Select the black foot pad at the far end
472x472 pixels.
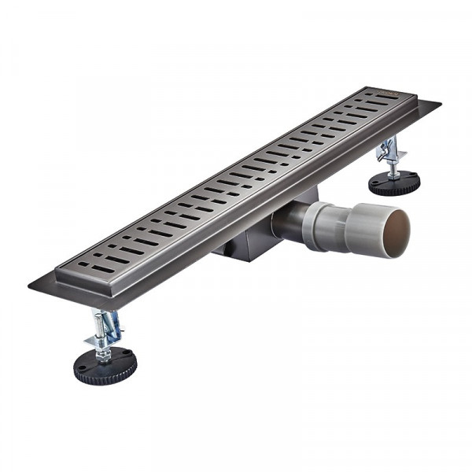click(394, 184)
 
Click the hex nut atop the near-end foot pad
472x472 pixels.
click(103, 353)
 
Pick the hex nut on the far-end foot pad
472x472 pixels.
click(393, 175)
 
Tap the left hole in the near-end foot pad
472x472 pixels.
click(89, 364)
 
